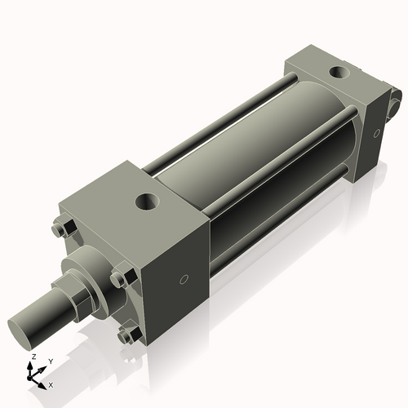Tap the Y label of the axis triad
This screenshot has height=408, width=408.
point(50,361)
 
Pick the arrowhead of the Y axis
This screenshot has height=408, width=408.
point(43,366)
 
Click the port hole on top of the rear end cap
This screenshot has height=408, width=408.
point(336,73)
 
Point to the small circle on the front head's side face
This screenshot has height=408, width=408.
point(184,280)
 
